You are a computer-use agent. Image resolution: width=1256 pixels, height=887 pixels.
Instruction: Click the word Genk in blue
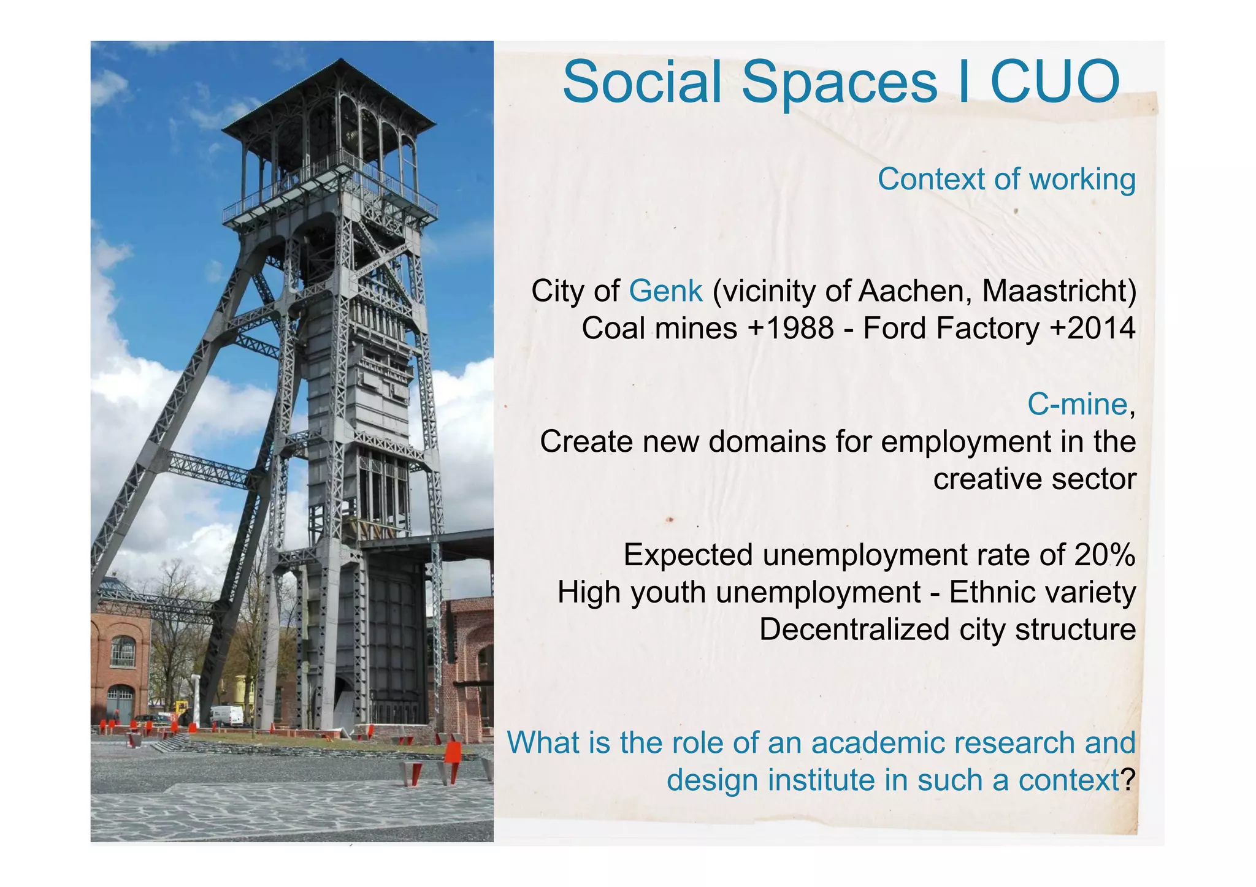665,291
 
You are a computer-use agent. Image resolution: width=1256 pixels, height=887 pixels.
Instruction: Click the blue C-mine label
1077,405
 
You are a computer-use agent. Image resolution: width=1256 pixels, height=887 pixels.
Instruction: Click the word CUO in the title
1054,82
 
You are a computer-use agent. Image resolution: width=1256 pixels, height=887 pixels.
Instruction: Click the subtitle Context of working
1006,180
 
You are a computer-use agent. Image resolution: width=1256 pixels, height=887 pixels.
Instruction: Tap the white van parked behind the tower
226,715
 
